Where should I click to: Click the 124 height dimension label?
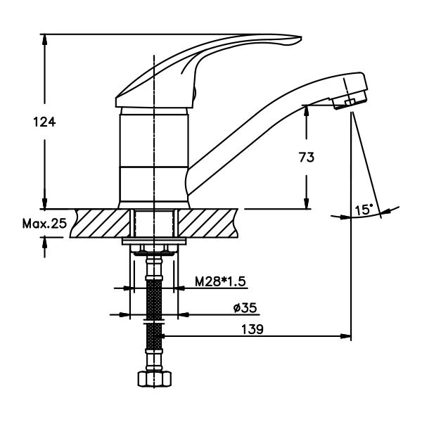(44, 122)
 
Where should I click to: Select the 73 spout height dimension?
(307, 157)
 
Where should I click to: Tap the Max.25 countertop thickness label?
(44, 223)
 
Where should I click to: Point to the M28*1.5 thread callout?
(220, 281)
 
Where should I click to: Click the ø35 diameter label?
(245, 307)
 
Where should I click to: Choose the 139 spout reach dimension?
(252, 329)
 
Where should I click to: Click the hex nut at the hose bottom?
(155, 378)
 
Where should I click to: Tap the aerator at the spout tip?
(349, 100)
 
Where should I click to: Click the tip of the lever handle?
(301, 38)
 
